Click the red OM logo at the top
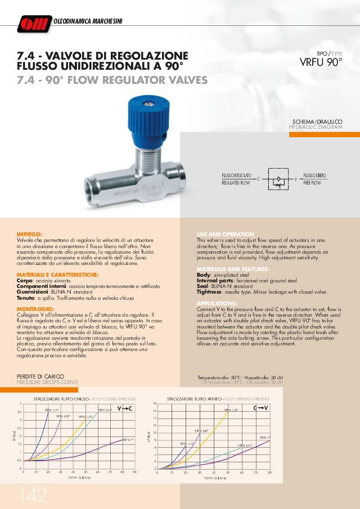[x=34, y=22]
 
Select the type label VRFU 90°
[x=321, y=61]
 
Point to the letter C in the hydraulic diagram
[x=258, y=179]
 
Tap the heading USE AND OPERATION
[x=225, y=233]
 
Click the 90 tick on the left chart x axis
[x=135, y=472]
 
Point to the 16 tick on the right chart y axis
[x=155, y=411]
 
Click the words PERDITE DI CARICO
[x=41, y=376]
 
